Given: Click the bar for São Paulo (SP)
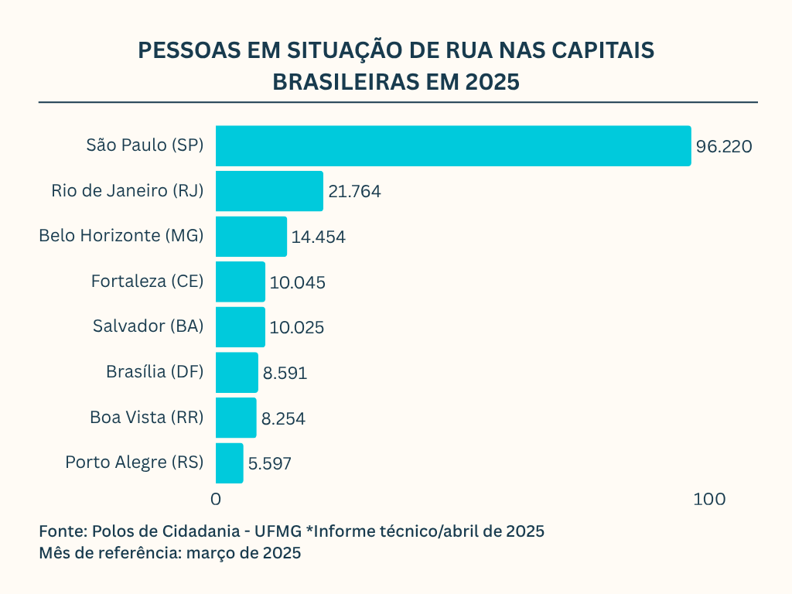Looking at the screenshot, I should [x=452, y=145].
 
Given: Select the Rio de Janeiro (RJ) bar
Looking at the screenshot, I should [x=269, y=191].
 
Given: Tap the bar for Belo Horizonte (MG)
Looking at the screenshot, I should [x=251, y=237].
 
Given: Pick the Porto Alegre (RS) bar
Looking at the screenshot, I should [x=229, y=463].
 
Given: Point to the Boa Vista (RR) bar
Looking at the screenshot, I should [x=235, y=418].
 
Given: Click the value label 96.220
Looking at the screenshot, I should [x=724, y=146].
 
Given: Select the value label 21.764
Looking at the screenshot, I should [x=354, y=192].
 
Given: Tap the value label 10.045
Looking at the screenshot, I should [x=298, y=282].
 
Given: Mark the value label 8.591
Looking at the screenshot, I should [x=285, y=374].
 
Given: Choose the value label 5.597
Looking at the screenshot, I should [x=270, y=464].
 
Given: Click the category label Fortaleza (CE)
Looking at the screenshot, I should [x=147, y=282].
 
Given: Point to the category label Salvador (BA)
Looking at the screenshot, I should [x=148, y=326].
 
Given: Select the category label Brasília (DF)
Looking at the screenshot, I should [x=155, y=372].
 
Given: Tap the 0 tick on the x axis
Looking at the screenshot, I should [x=216, y=500].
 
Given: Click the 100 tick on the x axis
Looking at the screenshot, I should [x=709, y=500].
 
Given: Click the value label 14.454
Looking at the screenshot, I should [x=319, y=237].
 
